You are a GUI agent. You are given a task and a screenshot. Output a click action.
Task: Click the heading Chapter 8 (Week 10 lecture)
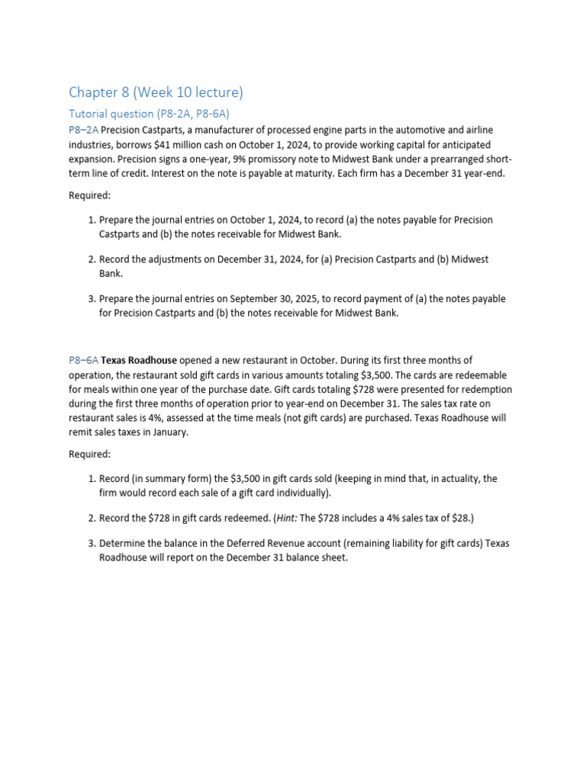point(156,92)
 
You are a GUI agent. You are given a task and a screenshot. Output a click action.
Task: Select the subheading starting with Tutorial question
point(149,114)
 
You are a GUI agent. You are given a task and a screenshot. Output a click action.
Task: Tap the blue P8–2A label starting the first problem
point(84,130)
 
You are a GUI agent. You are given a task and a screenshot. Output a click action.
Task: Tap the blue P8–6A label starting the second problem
point(84,360)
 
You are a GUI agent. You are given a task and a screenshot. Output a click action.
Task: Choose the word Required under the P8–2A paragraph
point(89,195)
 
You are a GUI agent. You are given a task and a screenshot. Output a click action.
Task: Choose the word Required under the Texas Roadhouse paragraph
point(89,454)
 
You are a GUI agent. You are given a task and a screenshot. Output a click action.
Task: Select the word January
point(169,432)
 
